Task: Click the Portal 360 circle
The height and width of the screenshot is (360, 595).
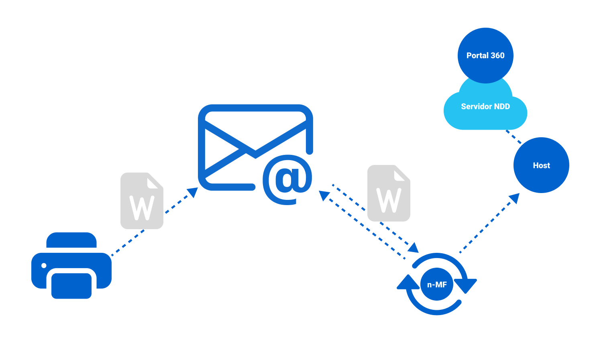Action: tap(485, 55)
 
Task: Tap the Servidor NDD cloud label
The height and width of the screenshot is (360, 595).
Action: tap(485, 107)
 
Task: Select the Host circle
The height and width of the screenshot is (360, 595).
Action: tap(541, 165)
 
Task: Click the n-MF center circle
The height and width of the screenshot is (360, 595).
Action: tap(437, 285)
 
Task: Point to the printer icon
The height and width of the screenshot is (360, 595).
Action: tap(71, 265)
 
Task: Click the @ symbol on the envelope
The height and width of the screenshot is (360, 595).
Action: tap(287, 179)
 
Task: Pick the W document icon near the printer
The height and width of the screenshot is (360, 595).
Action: tap(142, 201)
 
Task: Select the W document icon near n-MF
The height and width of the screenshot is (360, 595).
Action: tap(389, 193)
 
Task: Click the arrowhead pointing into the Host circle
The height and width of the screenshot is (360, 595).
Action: tap(514, 198)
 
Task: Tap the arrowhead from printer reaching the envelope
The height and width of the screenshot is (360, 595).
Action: tap(193, 192)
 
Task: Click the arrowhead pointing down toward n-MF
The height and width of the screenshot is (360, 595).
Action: tap(414, 248)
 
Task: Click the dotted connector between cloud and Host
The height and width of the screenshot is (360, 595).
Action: tap(513, 136)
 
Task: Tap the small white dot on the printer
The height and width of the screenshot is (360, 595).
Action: tap(44, 265)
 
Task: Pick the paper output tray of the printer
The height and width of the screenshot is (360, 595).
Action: tap(71, 285)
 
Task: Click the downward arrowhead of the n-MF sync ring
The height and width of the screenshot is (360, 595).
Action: tap(465, 285)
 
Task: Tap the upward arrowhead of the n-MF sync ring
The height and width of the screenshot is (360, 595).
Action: tap(408, 282)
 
